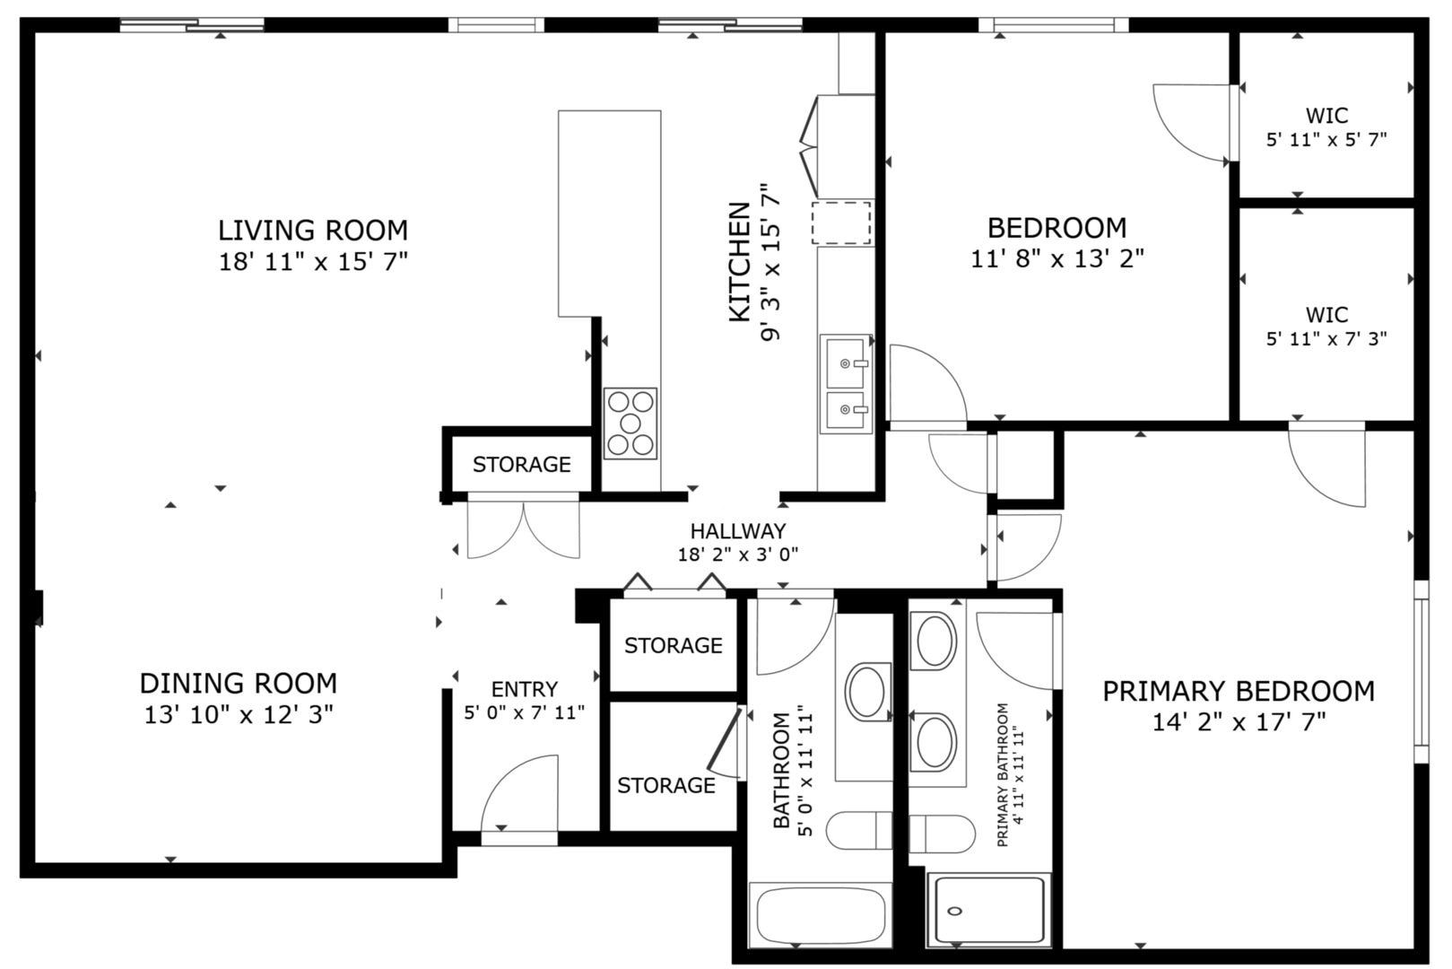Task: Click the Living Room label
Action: [x=313, y=231]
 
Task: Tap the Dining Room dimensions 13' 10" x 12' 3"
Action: [x=239, y=715]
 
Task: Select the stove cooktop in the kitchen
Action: [x=630, y=423]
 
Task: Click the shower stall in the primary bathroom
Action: [x=989, y=911]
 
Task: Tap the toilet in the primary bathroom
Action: [x=942, y=834]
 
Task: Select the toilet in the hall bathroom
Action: [x=858, y=831]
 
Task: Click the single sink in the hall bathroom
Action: [x=867, y=691]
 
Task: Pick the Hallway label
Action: [x=737, y=531]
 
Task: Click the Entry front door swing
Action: [x=520, y=794]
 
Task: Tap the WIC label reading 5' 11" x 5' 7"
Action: [x=1326, y=127]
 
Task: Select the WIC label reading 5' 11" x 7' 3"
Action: [x=1326, y=327]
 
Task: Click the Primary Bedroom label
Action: [x=1238, y=692]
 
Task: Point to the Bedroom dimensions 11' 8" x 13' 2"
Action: [x=1056, y=259]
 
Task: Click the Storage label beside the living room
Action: [x=521, y=465]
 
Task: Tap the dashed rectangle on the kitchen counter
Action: [x=841, y=223]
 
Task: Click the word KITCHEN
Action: [x=739, y=262]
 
